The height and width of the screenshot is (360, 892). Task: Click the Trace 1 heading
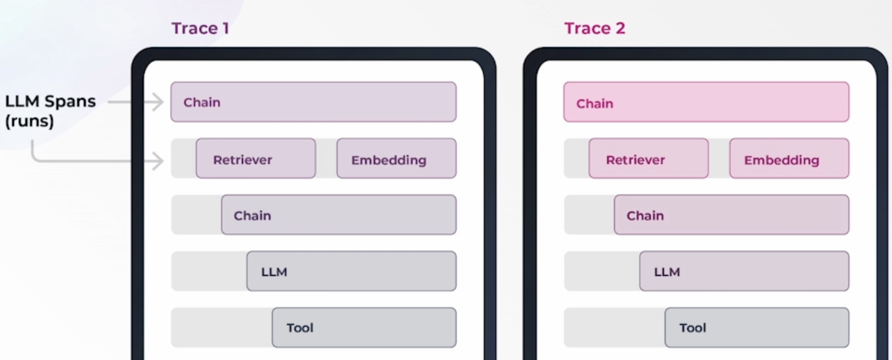click(x=200, y=28)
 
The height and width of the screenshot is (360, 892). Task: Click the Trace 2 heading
click(x=595, y=28)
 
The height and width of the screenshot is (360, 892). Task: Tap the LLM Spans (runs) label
click(x=50, y=111)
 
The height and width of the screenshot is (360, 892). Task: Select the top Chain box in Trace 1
click(x=313, y=102)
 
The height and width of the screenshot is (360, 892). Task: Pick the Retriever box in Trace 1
click(x=256, y=158)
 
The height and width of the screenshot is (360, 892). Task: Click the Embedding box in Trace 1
click(x=396, y=158)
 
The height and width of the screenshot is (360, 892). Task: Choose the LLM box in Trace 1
click(x=351, y=271)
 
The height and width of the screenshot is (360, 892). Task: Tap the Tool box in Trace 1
click(x=364, y=327)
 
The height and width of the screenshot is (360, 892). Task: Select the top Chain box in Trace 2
click(x=706, y=102)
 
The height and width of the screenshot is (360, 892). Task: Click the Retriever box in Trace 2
click(x=648, y=158)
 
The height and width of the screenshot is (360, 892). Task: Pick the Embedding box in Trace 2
click(x=789, y=158)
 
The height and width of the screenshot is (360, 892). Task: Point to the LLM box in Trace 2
click(x=744, y=271)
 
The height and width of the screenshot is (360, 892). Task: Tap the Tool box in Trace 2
click(x=757, y=327)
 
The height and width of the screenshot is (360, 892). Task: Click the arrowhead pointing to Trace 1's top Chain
click(x=158, y=102)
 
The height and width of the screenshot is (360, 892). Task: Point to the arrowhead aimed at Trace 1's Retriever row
click(x=158, y=161)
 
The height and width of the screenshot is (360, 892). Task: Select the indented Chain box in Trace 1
click(x=338, y=215)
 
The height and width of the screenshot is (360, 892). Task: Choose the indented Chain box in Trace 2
click(x=732, y=215)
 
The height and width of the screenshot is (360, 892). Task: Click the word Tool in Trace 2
click(x=692, y=328)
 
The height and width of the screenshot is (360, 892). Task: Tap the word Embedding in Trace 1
click(x=389, y=160)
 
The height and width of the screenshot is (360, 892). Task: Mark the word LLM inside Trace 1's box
click(x=274, y=272)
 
